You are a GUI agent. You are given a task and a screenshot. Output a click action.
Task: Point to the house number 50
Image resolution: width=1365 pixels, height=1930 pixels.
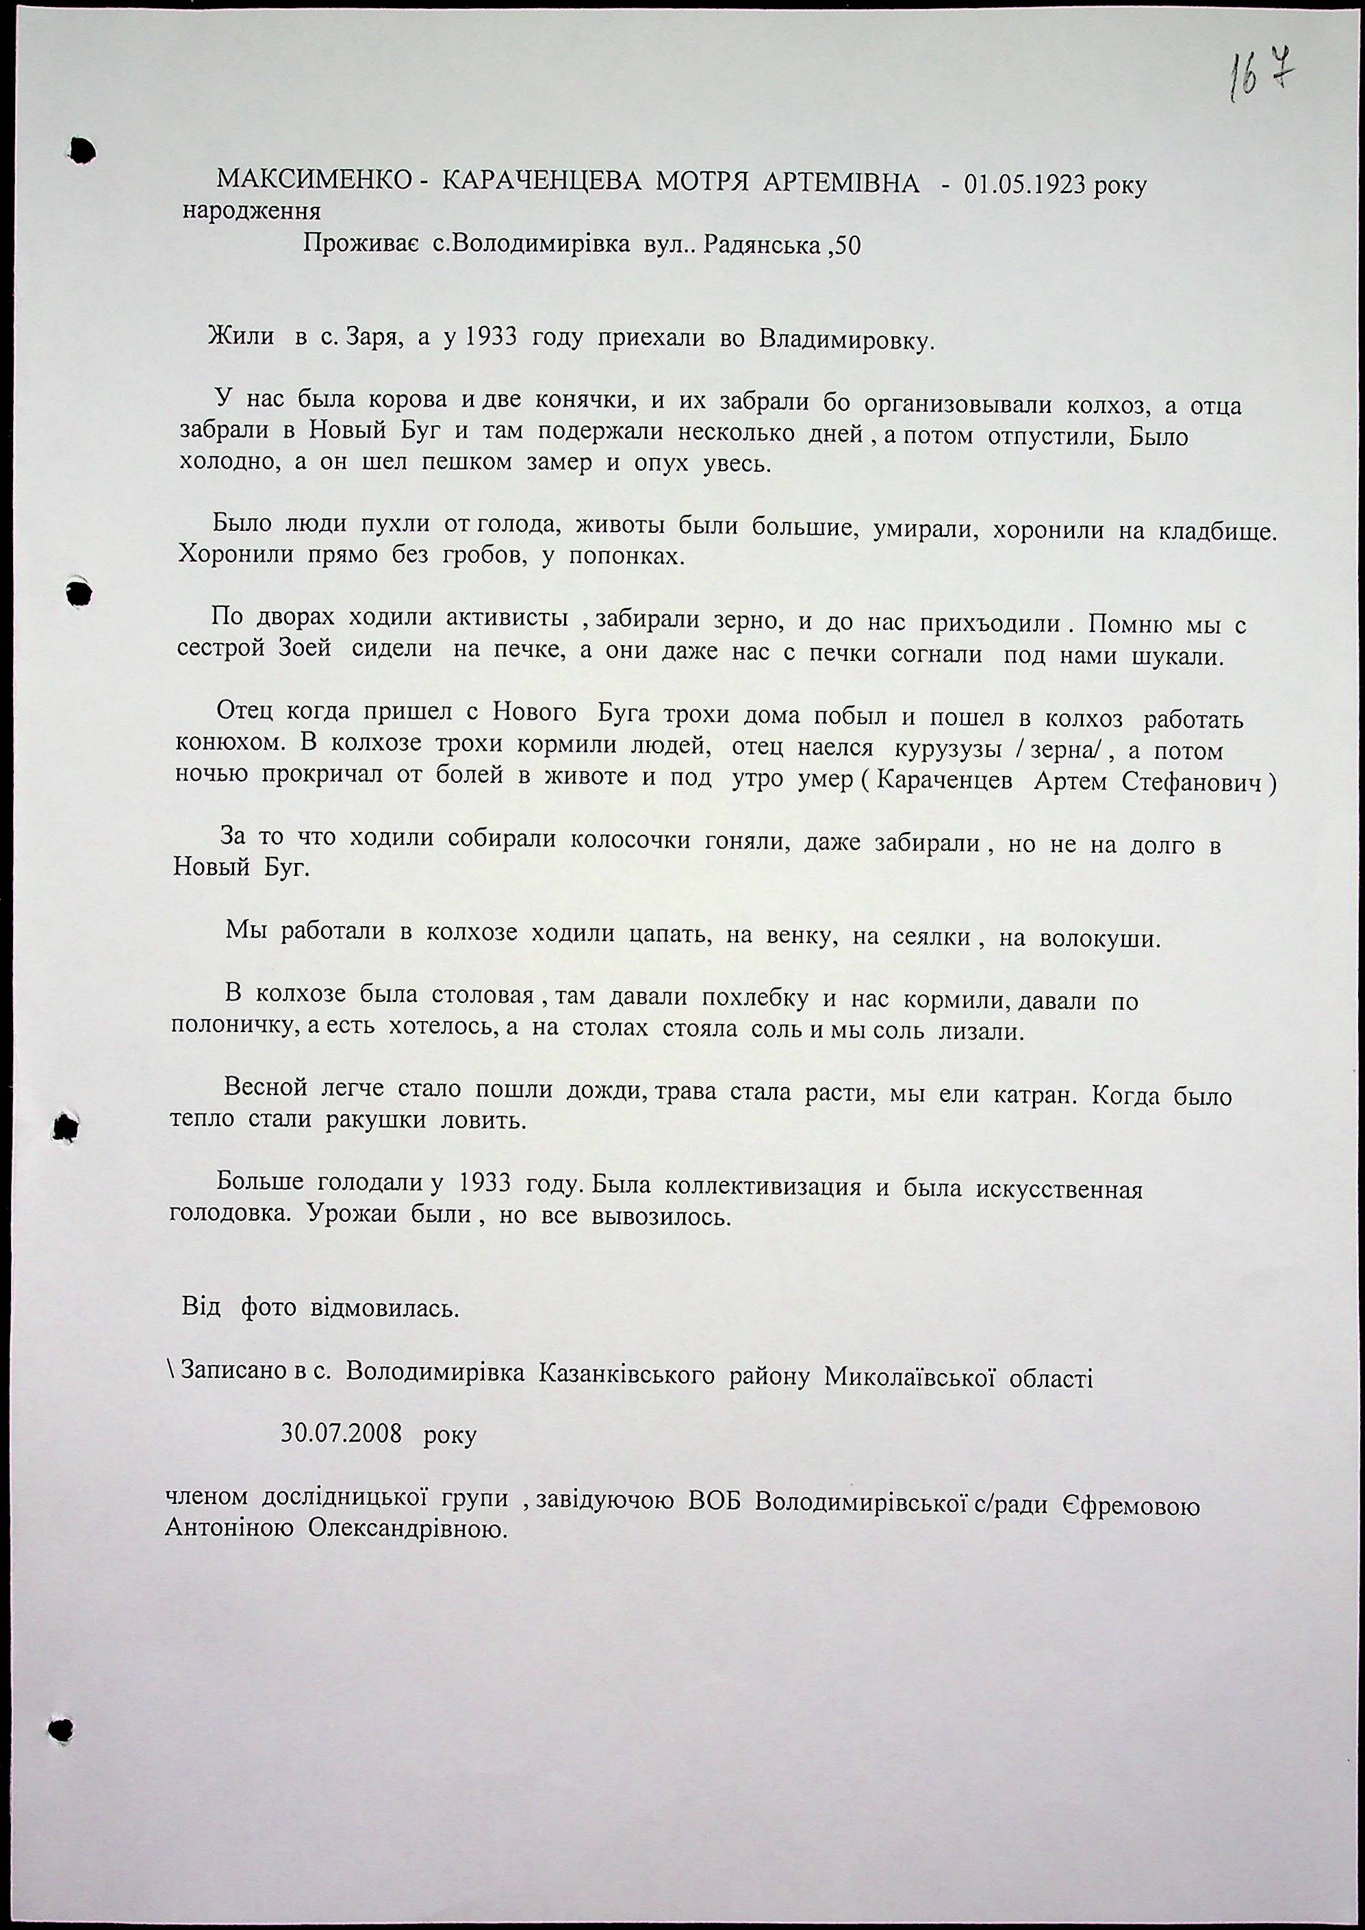[846, 248]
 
